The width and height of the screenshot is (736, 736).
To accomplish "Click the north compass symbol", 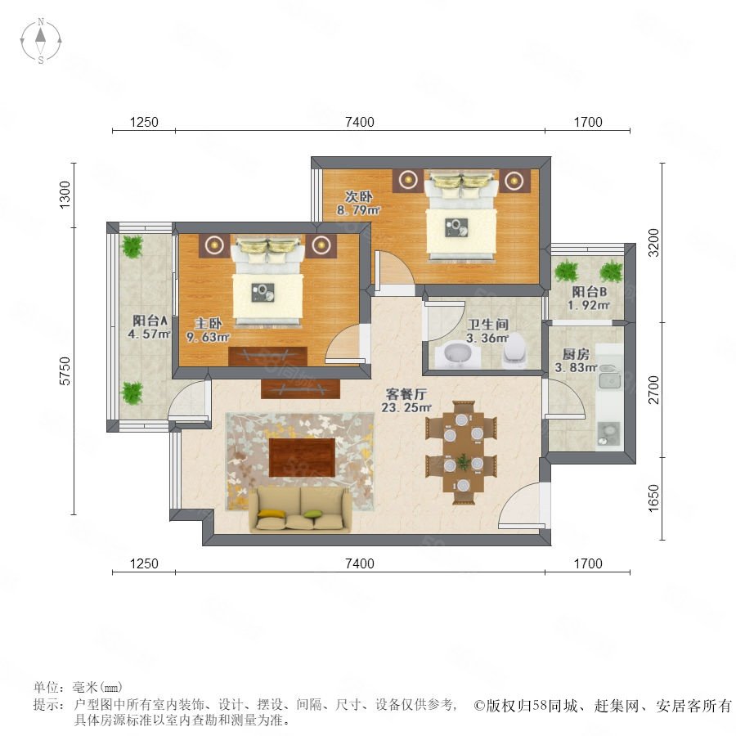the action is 41,41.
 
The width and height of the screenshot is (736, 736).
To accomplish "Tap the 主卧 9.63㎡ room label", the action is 208,330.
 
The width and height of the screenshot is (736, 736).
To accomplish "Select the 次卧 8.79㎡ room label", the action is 358,204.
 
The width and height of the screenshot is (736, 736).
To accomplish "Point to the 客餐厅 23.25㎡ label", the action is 406,401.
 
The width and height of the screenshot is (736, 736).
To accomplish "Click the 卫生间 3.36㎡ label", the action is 487,331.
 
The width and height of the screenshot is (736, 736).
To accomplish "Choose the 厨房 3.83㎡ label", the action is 576,361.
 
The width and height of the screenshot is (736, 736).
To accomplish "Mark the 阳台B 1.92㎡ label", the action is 589,298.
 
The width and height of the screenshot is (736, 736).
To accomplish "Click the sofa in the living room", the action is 300,509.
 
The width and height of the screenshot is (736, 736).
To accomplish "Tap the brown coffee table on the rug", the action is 302,457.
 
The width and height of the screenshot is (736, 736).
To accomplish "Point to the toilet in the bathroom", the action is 514,351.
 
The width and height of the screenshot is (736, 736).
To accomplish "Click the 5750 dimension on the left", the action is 65,370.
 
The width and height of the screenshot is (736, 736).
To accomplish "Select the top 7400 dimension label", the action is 360,122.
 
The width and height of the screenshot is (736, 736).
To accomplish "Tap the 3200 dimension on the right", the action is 654,243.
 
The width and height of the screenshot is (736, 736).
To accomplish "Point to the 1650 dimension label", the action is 653,499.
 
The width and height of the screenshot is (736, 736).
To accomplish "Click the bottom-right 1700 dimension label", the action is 588,563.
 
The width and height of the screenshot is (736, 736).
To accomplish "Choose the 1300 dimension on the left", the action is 65,195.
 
